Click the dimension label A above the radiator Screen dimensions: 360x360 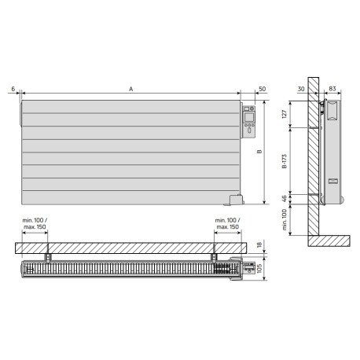pos(131,90)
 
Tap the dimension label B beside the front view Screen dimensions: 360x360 pos(259,152)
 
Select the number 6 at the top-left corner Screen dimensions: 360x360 pos(13,89)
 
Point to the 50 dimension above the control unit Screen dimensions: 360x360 pos(262,89)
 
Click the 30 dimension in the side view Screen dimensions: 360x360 pos(301,89)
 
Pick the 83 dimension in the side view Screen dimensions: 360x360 pos(332,89)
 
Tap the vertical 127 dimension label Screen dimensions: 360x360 pos(285,114)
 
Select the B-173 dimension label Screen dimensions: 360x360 pos(285,161)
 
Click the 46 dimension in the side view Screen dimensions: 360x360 pos(285,199)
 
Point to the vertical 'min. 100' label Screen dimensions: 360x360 pos(285,220)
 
